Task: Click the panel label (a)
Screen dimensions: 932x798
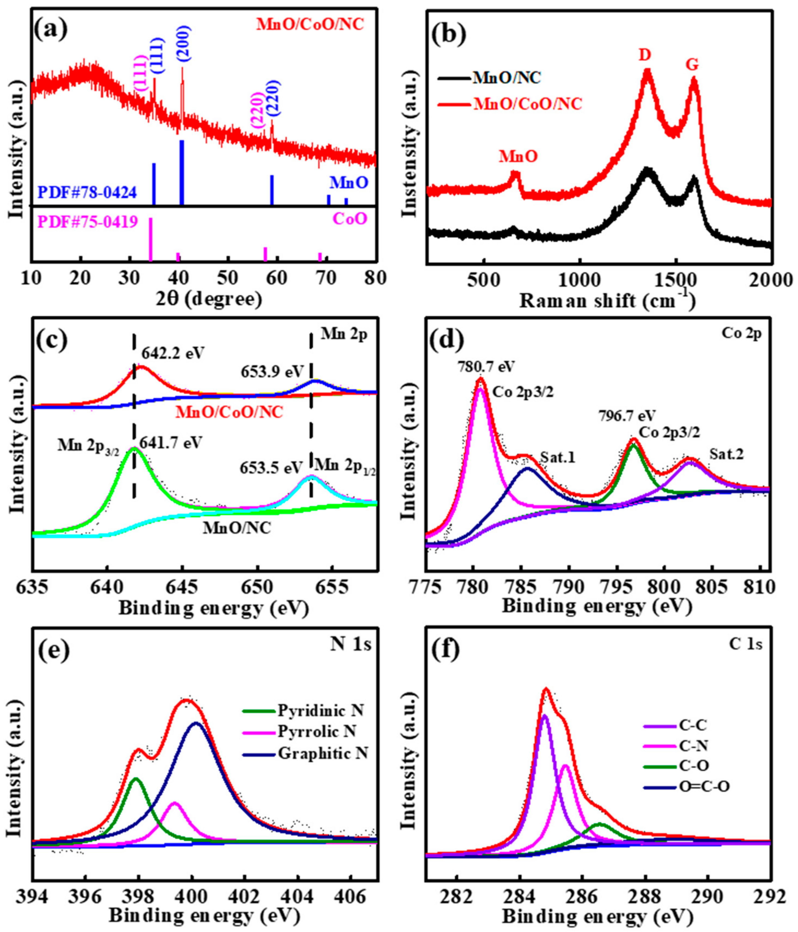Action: click(52, 32)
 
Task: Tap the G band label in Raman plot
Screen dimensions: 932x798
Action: click(693, 65)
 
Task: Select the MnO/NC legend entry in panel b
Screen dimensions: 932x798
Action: click(506, 78)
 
